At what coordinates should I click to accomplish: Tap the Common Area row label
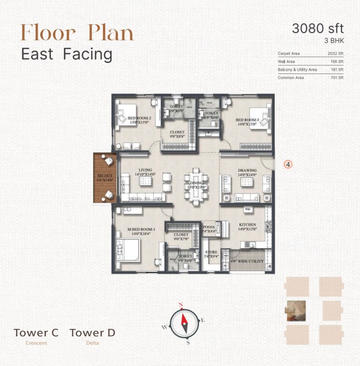click(x=290, y=77)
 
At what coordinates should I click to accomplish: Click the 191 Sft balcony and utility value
click(x=337, y=70)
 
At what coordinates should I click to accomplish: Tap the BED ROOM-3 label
click(x=247, y=119)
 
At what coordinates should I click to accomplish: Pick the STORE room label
click(x=210, y=252)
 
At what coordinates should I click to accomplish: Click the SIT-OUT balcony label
click(x=105, y=176)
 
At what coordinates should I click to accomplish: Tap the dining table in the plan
click(x=194, y=184)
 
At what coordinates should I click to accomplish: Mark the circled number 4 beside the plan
click(x=288, y=164)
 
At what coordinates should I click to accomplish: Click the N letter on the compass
click(x=181, y=305)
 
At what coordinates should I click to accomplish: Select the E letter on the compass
click(x=203, y=321)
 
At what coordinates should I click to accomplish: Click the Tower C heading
click(x=36, y=333)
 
